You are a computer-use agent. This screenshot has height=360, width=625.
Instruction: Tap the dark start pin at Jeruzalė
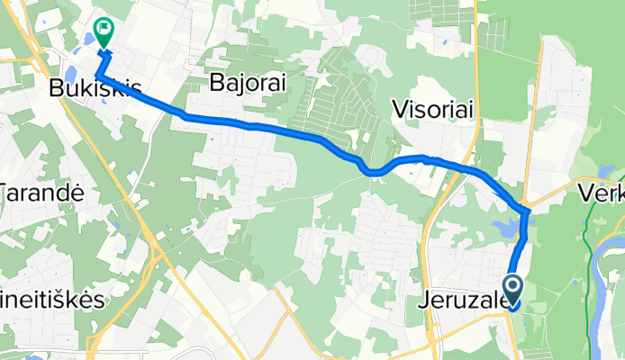pos(513,291)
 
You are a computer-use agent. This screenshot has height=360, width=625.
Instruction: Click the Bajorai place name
pos(247,84)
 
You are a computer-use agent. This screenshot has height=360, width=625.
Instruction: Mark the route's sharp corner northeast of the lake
pos(527,211)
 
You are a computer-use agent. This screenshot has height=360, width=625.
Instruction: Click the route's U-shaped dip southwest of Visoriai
pos(371,171)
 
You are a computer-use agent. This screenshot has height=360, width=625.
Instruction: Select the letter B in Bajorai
pos(216,84)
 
